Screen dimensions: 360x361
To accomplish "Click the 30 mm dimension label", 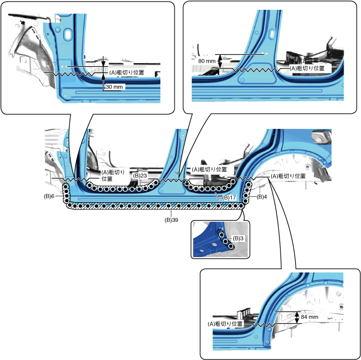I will click(x=115, y=86).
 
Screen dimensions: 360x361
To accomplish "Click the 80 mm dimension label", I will click(x=206, y=61).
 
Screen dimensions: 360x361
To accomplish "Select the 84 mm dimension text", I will click(x=309, y=316).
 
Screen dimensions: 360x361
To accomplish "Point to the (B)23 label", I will click(x=140, y=176).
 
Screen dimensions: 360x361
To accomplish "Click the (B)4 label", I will click(x=262, y=196).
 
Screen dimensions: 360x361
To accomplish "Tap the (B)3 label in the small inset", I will click(x=237, y=239).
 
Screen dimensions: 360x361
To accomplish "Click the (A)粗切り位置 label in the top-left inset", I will click(x=127, y=72).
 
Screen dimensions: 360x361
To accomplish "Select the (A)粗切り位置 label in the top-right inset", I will click(x=307, y=69).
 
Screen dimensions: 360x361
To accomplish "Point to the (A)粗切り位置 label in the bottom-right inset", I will click(x=225, y=324).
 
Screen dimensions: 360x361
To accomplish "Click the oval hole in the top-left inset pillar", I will click(x=68, y=34).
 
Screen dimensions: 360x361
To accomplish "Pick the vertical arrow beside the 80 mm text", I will click(x=219, y=61).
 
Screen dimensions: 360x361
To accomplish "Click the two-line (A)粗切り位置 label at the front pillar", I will click(x=113, y=175).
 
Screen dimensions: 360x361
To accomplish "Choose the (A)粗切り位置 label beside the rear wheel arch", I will click(x=288, y=176).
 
